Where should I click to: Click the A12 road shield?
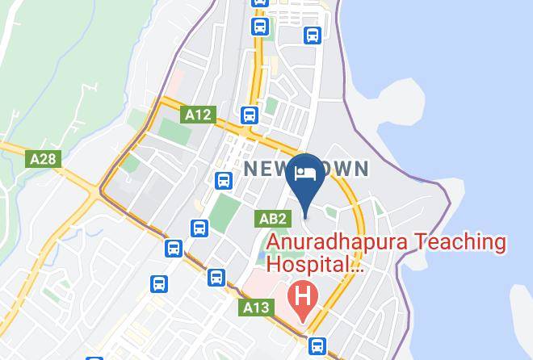coord(198,115)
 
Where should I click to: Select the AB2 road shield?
coord(272,219)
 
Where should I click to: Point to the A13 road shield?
coord(255,308)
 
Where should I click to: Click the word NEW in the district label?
coord(266,170)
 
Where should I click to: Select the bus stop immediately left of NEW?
coord(224,181)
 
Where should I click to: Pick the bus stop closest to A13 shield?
coord(216,278)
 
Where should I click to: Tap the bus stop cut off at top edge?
coord(260,2)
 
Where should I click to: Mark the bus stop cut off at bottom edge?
coord(94,358)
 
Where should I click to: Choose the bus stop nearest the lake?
coord(313,36)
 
